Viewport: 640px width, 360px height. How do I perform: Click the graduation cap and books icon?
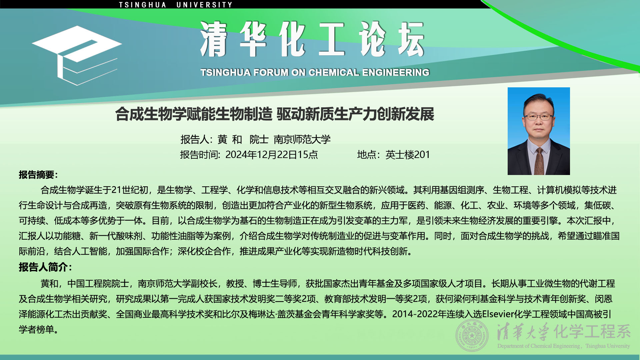coord(77,55)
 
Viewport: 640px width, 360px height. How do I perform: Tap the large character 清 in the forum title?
coord(214,39)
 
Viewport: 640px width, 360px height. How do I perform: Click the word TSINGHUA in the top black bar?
coord(143,5)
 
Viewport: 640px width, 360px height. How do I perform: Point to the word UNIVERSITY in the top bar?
coord(204,5)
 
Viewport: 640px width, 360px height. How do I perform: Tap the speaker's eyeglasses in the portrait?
coord(538,117)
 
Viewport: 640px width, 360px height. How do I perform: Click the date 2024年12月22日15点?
coord(272,155)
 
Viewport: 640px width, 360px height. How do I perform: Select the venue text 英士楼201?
coord(408,155)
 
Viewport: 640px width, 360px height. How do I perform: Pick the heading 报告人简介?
coord(43,267)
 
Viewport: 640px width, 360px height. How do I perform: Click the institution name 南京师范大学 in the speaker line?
coord(302,139)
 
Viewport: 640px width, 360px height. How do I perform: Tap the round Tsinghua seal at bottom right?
coord(472,335)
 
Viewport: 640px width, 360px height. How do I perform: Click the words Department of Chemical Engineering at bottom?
coord(539,346)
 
